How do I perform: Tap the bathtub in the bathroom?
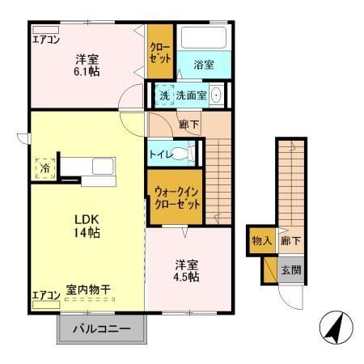(203, 38)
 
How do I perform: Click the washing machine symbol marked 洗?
(164, 95)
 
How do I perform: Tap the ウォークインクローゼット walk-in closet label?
(175, 198)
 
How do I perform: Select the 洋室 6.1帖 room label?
(87, 65)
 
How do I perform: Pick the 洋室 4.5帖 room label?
(187, 270)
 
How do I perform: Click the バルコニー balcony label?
(103, 330)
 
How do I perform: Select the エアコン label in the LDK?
(46, 295)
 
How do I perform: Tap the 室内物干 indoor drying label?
(90, 289)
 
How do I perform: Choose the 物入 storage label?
(261, 241)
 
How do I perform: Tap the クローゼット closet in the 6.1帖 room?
(159, 53)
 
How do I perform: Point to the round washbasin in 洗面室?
(217, 95)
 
